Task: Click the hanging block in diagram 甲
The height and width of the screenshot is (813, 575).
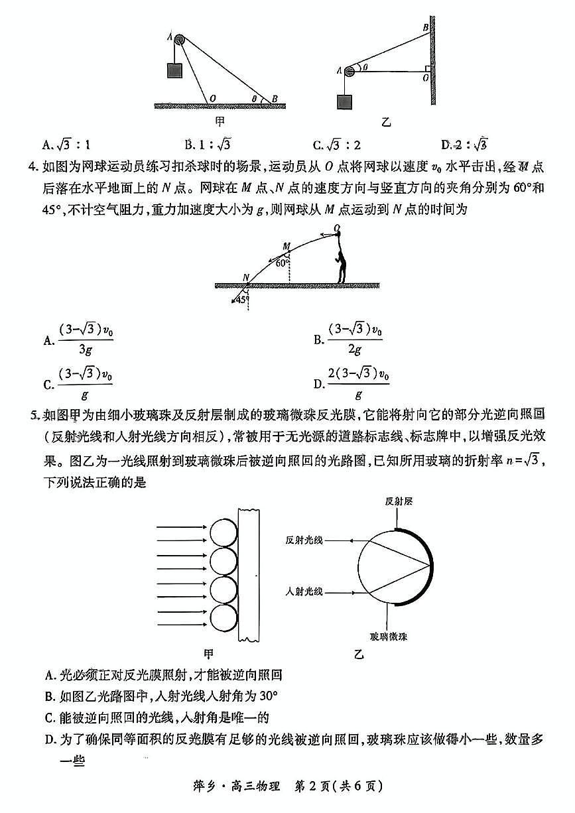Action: coord(175,70)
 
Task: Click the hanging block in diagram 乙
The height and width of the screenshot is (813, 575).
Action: coord(345,101)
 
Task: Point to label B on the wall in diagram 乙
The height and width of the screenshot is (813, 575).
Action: coord(425,27)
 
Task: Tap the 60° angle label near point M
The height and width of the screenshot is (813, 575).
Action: coord(282,263)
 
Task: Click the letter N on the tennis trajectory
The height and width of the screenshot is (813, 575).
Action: coord(245,277)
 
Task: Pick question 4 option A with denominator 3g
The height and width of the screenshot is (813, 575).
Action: coord(79,339)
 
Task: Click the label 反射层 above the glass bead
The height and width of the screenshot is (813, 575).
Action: coord(399,502)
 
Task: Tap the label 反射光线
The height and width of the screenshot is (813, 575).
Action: coord(304,540)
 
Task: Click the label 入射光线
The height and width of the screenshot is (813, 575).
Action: coord(304,591)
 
